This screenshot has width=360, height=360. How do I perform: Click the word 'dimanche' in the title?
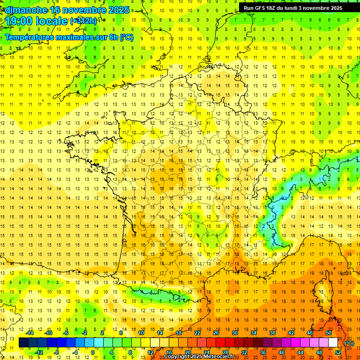click(23, 10)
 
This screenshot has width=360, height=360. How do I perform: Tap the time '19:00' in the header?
click(19, 21)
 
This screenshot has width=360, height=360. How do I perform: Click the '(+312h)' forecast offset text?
click(83, 21)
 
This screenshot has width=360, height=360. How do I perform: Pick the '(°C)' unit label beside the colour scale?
click(349, 343)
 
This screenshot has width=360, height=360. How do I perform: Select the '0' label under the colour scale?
click(92, 352)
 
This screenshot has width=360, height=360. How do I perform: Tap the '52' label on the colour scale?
click(338, 352)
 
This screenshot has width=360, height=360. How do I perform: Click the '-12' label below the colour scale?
click(40, 352)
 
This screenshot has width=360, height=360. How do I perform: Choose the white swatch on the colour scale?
click(333, 343)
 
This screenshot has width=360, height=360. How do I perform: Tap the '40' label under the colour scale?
click(281, 352)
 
